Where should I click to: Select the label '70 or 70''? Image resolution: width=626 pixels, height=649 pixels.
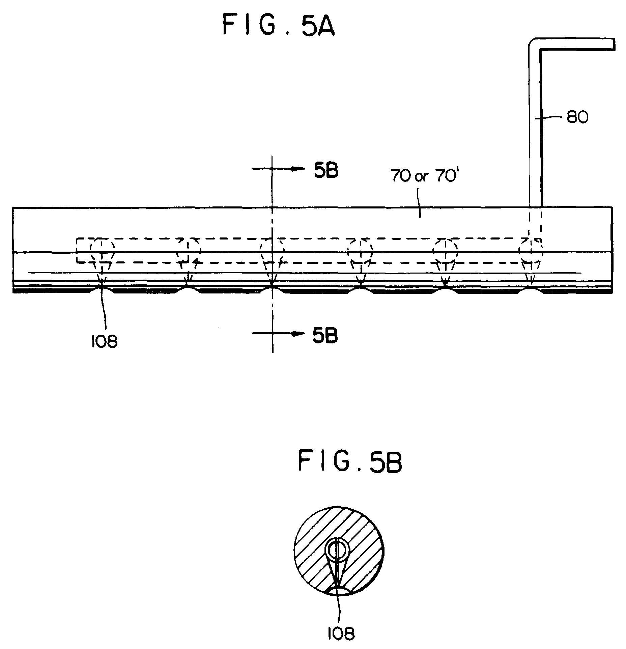coord(423,176)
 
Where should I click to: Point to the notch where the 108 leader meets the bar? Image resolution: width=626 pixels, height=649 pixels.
coord(102,287)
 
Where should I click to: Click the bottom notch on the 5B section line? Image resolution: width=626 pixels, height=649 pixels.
coord(273,287)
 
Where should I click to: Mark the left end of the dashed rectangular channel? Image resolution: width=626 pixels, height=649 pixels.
coord(77,250)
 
